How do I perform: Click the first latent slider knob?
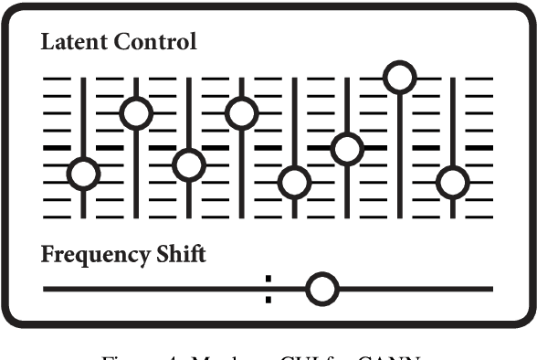pyautogui.click(x=83, y=173)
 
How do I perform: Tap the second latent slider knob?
pyautogui.click(x=136, y=112)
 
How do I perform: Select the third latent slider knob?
pyautogui.click(x=189, y=165)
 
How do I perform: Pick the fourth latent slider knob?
pyautogui.click(x=241, y=112)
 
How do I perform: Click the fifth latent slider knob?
pyautogui.click(x=294, y=182)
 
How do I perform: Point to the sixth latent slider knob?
pyautogui.click(x=347, y=147)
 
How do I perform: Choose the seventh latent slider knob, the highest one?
pyautogui.click(x=399, y=77)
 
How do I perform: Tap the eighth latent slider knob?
pyautogui.click(x=452, y=182)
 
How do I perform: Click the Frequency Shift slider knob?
pyautogui.click(x=321, y=290)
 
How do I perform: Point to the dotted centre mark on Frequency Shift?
pyautogui.click(x=268, y=289)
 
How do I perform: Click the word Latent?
pyautogui.click(x=69, y=42)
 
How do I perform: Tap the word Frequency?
pyautogui.click(x=91, y=255)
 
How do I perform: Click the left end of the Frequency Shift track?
pyautogui.click(x=45, y=290)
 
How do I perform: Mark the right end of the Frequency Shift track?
pyautogui.click(x=491, y=290)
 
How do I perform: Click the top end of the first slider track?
pyautogui.click(x=83, y=79)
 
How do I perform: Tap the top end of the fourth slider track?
pyautogui.click(x=241, y=79)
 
